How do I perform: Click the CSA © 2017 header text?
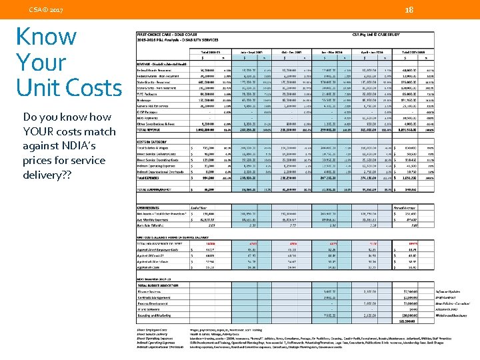point(46,11)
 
